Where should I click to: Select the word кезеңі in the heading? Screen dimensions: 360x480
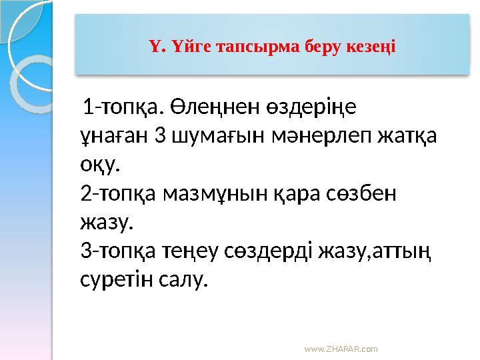click(369, 47)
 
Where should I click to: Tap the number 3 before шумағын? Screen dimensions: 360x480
click(159, 135)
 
